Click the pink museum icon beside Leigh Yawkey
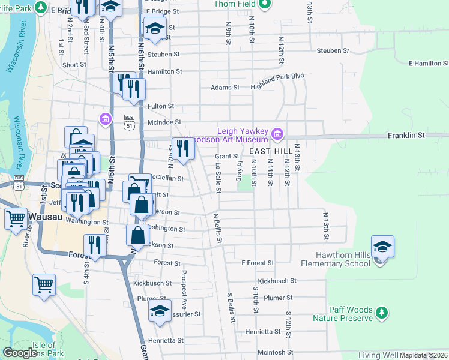click(277, 133)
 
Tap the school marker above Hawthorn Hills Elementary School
click(382, 247)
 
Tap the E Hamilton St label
click(429, 63)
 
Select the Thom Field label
click(234, 4)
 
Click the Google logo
click(20, 353)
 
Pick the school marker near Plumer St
click(160, 311)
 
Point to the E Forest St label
click(258, 263)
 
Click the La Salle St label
click(218, 178)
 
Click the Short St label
click(74, 65)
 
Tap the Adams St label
click(224, 88)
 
